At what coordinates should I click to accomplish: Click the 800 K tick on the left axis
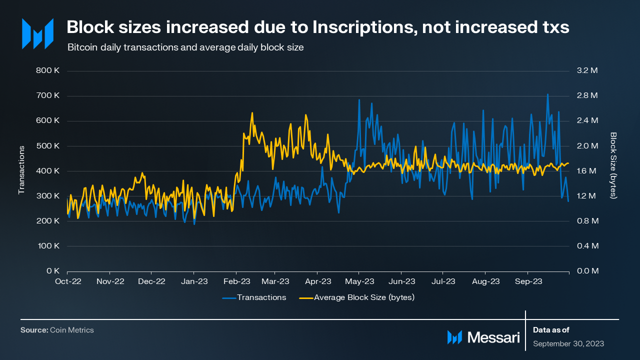(48, 71)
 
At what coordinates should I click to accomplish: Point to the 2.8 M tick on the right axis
(587, 96)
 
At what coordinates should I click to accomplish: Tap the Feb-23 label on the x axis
(236, 281)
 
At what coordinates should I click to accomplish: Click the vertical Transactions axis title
(21, 170)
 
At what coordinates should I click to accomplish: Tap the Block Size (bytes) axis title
(613, 165)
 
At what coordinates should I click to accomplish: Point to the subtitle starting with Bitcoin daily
(185, 47)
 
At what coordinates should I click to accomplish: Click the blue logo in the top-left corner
(37, 34)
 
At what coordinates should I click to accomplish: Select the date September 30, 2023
(568, 343)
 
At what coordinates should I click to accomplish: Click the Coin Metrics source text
(71, 330)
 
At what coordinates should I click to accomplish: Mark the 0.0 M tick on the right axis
(587, 271)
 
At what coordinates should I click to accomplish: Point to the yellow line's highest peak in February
(252, 113)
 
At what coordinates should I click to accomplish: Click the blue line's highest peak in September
(547, 94)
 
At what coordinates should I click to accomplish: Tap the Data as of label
(551, 330)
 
